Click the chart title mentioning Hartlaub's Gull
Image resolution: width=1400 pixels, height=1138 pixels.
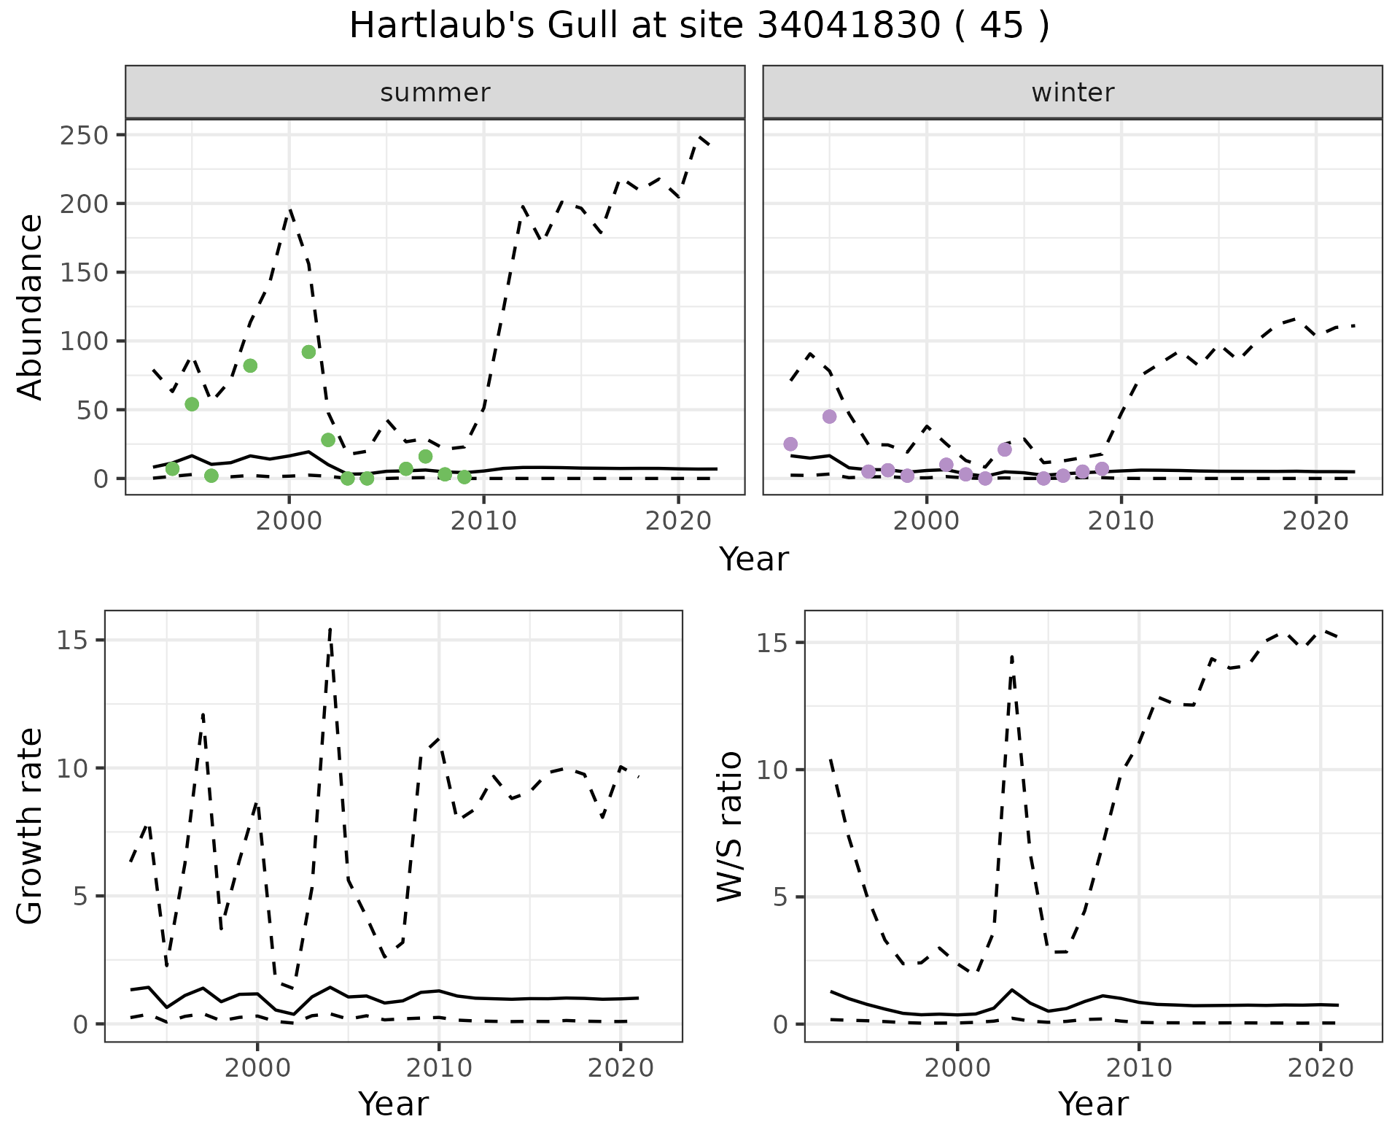[699, 26]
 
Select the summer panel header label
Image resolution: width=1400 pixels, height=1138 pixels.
[435, 93]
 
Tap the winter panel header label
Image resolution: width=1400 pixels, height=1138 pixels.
[1073, 93]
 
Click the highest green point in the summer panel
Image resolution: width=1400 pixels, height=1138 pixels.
[308, 352]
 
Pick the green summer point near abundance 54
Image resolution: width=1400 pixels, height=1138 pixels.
[192, 404]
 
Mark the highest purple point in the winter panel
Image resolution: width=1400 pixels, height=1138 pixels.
[829, 417]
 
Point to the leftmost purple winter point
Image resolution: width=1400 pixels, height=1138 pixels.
[790, 444]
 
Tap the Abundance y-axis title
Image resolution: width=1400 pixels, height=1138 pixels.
[31, 306]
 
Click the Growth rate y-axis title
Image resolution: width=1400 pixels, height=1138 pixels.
[31, 827]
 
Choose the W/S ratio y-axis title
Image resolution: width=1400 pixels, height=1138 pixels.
[730, 827]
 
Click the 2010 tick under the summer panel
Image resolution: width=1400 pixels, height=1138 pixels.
[483, 522]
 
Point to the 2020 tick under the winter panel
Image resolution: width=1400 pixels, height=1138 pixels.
[1315, 522]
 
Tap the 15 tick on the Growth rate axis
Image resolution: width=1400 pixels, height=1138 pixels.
[82, 640]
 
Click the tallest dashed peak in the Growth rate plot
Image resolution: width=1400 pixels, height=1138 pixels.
[330, 629]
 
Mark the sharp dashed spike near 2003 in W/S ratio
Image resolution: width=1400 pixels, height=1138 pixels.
[1012, 657]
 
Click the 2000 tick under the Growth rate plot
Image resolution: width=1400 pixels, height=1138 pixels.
[257, 1069]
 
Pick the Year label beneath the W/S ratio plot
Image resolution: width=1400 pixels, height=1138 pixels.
[1093, 1104]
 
